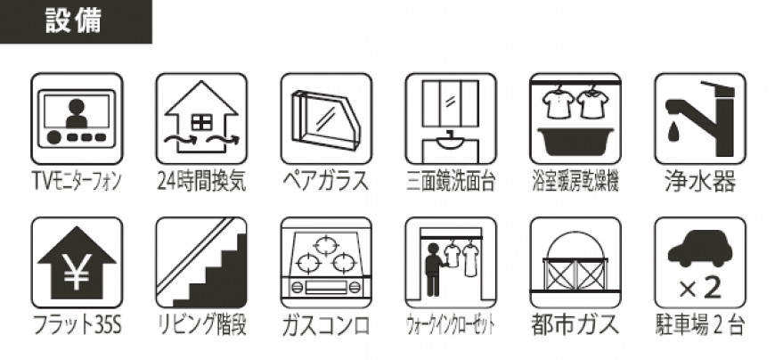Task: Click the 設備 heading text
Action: pos(73,21)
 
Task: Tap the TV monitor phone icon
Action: pos(77,119)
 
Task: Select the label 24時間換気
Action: pos(201,182)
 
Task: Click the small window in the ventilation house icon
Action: pos(201,122)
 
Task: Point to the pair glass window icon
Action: pos(326,119)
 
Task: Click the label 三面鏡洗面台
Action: pos(451,182)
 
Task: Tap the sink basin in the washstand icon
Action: pos(450,142)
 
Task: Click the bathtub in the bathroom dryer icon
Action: pos(575,141)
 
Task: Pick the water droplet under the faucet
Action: pos(673,132)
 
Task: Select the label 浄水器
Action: pos(700,182)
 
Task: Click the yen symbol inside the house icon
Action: pos(77,273)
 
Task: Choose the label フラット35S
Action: pos(77,325)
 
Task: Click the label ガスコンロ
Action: pos(326,326)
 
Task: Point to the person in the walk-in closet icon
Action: pos(435,269)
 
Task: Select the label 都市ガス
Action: pos(575,325)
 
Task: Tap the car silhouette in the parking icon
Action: pos(700,250)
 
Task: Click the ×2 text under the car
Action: pos(700,289)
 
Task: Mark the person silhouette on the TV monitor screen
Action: pos(76,115)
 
